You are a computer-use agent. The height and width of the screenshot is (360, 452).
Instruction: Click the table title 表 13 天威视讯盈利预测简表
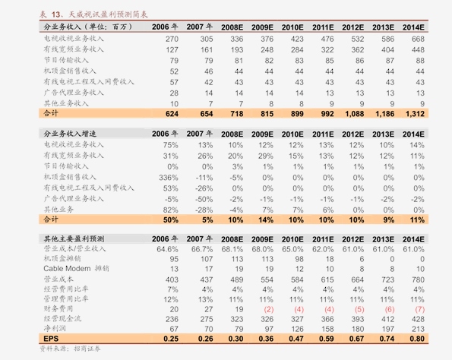point(93,14)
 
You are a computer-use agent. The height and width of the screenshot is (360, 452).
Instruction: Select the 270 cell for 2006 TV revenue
point(172,39)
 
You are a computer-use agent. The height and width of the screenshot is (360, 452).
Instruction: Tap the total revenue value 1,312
point(415,114)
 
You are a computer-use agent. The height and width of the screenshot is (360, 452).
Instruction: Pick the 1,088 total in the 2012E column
point(354,114)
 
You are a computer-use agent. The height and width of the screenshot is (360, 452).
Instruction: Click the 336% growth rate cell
point(169,178)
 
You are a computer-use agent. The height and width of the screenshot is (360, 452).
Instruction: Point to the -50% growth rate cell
point(204,199)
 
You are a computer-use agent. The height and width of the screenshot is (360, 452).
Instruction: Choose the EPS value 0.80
point(417,339)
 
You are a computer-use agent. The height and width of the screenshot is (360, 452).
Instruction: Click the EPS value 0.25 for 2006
point(171,339)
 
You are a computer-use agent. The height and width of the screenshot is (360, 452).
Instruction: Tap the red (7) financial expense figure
point(419,309)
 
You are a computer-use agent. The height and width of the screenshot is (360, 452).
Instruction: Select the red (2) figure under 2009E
point(269,309)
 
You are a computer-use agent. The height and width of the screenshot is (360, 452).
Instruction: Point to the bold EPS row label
point(51,339)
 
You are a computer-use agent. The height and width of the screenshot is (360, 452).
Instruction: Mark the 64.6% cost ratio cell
point(167,249)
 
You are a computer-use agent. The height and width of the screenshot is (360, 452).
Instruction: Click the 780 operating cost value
point(418,279)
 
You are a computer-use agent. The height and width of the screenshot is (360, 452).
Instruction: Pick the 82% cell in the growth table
point(170,210)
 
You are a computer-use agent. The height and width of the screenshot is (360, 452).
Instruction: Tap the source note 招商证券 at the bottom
point(87,349)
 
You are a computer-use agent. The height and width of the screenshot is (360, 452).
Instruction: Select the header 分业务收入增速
point(70,134)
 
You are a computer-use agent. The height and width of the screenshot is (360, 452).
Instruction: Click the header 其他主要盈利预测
point(74,239)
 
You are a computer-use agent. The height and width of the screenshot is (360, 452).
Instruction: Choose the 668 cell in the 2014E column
point(418,39)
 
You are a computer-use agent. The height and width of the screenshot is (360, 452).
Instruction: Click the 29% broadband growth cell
point(265,156)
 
